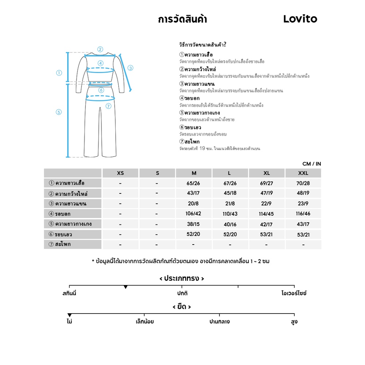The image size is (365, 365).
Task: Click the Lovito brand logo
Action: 300,19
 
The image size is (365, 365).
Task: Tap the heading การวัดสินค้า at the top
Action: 182,19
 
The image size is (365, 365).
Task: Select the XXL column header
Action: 303,173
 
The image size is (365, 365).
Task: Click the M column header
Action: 194,173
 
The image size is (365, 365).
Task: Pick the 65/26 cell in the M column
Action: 194,183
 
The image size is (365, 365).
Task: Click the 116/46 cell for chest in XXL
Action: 303,214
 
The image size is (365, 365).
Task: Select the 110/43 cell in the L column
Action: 230,214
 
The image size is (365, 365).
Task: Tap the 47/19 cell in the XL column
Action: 266,193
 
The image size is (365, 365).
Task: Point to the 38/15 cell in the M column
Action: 194,224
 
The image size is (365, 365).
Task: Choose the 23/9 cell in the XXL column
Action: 303,204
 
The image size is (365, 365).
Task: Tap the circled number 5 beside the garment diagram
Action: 59,112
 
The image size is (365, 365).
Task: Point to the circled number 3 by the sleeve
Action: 130,68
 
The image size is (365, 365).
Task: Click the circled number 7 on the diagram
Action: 108,106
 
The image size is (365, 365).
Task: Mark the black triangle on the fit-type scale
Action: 126,287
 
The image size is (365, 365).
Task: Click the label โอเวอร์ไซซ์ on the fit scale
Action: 294,293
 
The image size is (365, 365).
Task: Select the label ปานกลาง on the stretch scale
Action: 219,322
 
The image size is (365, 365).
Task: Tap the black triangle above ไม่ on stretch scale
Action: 69,315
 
